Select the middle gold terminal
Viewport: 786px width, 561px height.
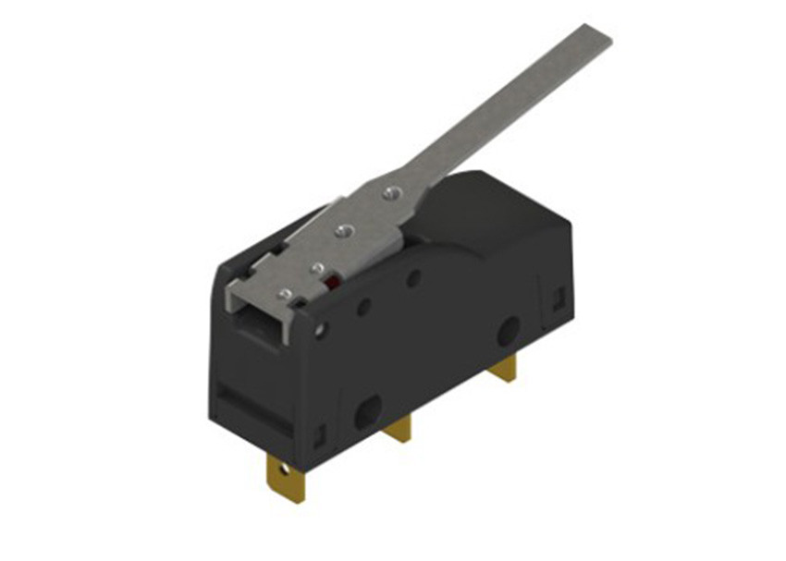point(399,429)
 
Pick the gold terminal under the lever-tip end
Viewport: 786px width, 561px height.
point(504,372)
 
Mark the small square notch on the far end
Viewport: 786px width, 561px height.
point(559,298)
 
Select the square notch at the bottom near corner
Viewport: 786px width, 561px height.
point(318,432)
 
